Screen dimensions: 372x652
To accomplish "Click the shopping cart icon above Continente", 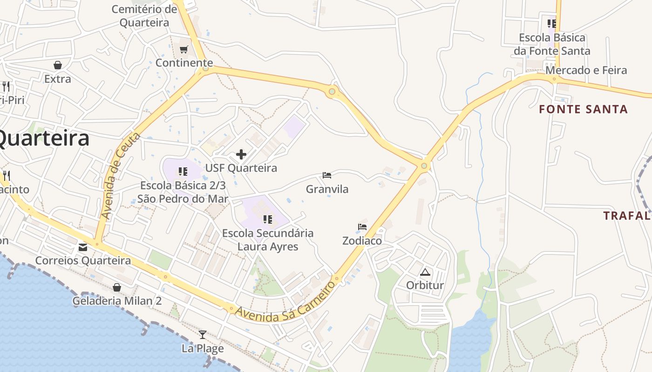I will pyautogui.click(x=184, y=49).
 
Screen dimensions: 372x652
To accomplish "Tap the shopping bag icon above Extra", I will pyautogui.click(x=58, y=65).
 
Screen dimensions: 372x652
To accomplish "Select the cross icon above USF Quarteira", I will pyautogui.click(x=241, y=154).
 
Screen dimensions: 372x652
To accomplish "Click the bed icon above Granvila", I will pyautogui.click(x=327, y=175).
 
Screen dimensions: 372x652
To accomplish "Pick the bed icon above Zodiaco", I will pyautogui.click(x=362, y=227).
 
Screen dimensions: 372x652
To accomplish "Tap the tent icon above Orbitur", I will pyautogui.click(x=425, y=272).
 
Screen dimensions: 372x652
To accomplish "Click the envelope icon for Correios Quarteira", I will pyautogui.click(x=83, y=247).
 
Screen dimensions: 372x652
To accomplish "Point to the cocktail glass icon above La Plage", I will pyautogui.click(x=203, y=334).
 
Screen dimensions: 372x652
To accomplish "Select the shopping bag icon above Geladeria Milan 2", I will pyautogui.click(x=117, y=287).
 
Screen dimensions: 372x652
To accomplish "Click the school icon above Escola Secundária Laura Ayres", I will pyautogui.click(x=267, y=219).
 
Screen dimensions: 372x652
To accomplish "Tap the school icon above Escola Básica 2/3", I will pyautogui.click(x=183, y=172).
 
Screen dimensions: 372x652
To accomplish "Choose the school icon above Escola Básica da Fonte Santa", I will pyautogui.click(x=552, y=23).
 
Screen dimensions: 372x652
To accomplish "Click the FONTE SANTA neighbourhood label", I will pyautogui.click(x=583, y=109).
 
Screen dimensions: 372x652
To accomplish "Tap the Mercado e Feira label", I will pyautogui.click(x=586, y=70).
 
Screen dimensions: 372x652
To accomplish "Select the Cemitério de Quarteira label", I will pyautogui.click(x=144, y=16).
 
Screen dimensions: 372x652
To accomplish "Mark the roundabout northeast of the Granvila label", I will pyautogui.click(x=424, y=166).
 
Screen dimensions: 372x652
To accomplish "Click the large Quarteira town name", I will pyautogui.click(x=44, y=138).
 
